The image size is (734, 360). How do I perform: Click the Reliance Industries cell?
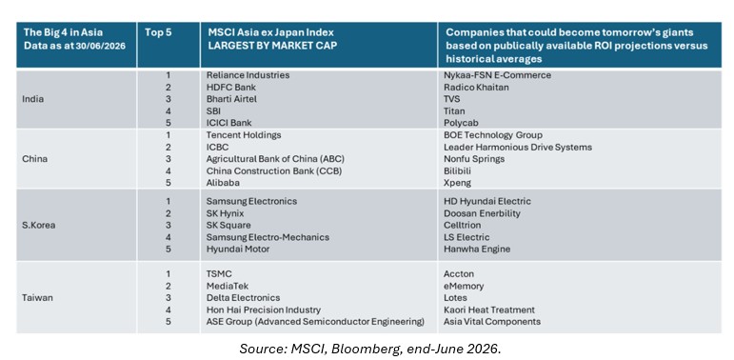[x=248, y=75]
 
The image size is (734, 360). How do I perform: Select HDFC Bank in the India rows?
[x=231, y=87]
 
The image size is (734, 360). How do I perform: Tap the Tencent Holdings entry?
[x=244, y=135]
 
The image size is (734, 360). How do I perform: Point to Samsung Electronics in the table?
[x=251, y=201]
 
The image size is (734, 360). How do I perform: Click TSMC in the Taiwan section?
[x=219, y=274]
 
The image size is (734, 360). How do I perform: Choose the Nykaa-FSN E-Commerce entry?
[x=497, y=75]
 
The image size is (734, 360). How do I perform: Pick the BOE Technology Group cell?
[x=493, y=135]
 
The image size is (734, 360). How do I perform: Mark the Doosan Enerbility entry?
[x=482, y=213]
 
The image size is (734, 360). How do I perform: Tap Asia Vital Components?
[x=492, y=322]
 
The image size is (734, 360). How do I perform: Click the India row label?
[x=32, y=99]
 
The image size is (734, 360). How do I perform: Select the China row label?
[x=34, y=159]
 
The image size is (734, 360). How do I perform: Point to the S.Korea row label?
[x=38, y=225]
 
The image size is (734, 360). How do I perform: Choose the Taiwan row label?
[x=37, y=298]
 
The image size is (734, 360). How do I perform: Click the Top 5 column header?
[x=158, y=33]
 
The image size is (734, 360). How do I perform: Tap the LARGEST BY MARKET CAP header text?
[x=272, y=47]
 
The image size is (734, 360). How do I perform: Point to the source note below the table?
[x=369, y=349]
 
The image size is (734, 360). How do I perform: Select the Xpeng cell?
[x=457, y=183]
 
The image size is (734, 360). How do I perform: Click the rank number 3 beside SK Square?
[x=169, y=225]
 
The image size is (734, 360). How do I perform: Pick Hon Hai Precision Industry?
[x=264, y=310]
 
